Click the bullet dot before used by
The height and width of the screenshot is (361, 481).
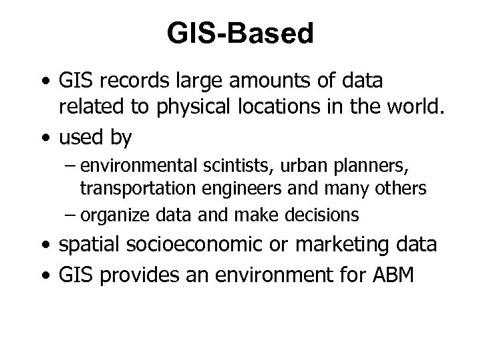(x=43, y=139)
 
